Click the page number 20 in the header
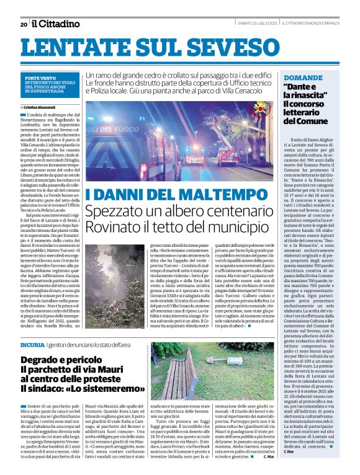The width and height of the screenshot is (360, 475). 23,24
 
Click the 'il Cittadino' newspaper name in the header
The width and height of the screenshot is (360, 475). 56,24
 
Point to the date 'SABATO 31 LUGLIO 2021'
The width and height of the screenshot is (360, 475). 256,24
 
